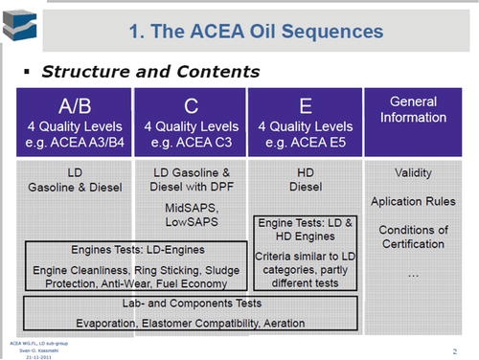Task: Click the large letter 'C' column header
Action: click(x=190, y=103)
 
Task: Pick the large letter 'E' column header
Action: click(x=305, y=103)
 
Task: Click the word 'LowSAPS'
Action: click(x=190, y=222)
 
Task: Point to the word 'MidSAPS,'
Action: click(x=190, y=208)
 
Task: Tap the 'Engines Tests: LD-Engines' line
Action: click(x=125, y=250)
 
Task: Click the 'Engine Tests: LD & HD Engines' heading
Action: click(x=304, y=231)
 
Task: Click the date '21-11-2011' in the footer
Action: click(x=23, y=354)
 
